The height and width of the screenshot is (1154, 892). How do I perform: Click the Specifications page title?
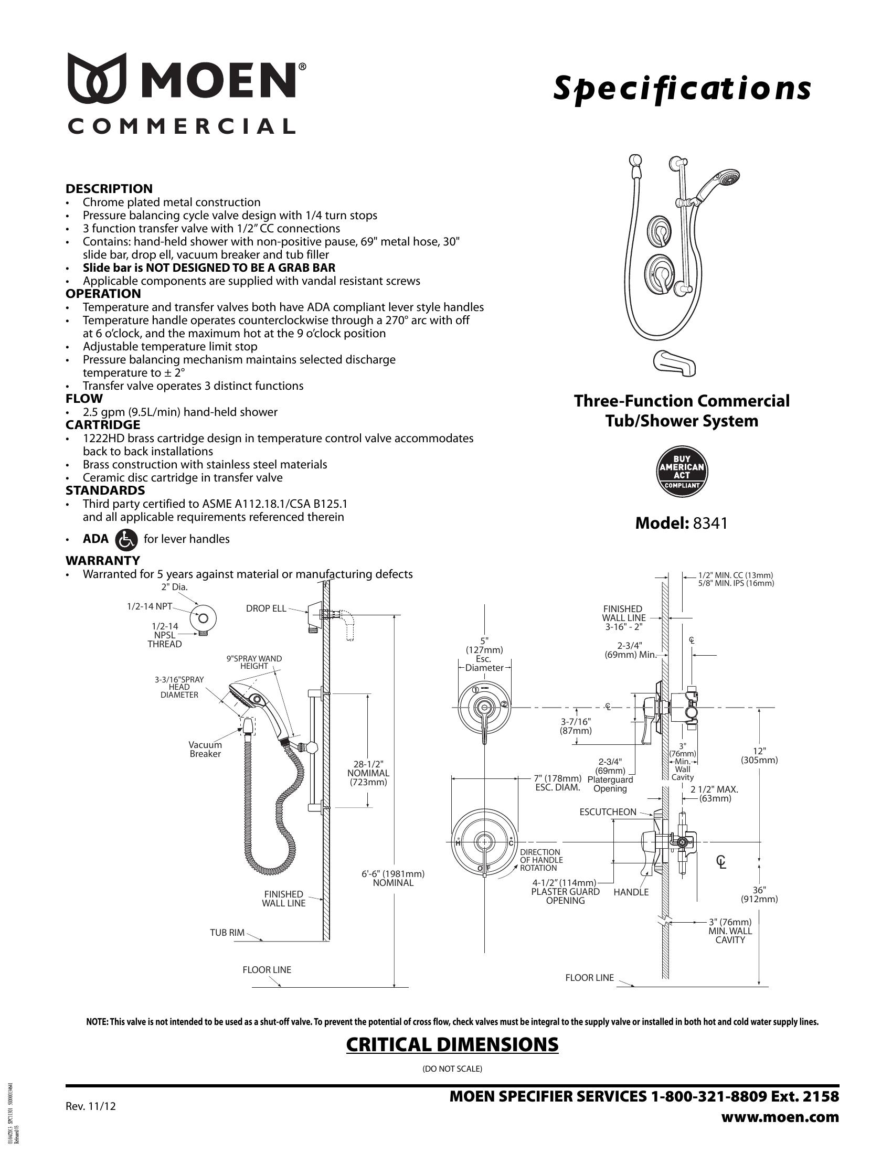pyautogui.click(x=682, y=89)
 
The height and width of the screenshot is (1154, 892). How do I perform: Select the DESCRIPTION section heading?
pyautogui.click(x=109, y=189)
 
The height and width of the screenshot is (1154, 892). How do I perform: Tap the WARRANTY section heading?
pyautogui.click(x=102, y=560)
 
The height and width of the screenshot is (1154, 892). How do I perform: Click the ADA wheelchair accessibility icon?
pyautogui.click(x=125, y=539)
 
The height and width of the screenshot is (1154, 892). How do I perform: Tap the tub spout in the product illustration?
pyautogui.click(x=674, y=364)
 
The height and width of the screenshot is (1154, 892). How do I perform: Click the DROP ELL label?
pyautogui.click(x=266, y=608)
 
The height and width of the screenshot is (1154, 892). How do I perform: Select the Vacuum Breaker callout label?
pyautogui.click(x=205, y=749)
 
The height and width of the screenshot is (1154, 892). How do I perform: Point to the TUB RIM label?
pyautogui.click(x=227, y=933)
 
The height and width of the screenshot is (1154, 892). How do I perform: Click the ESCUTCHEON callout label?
pyautogui.click(x=608, y=812)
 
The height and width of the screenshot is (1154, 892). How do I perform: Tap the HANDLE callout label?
pyautogui.click(x=631, y=892)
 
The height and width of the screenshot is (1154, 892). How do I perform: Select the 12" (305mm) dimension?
pyautogui.click(x=759, y=755)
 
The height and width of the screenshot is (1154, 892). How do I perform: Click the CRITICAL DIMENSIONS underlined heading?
pyautogui.click(x=452, y=1044)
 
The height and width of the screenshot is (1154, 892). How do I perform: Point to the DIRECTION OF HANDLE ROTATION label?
pyautogui.click(x=541, y=860)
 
